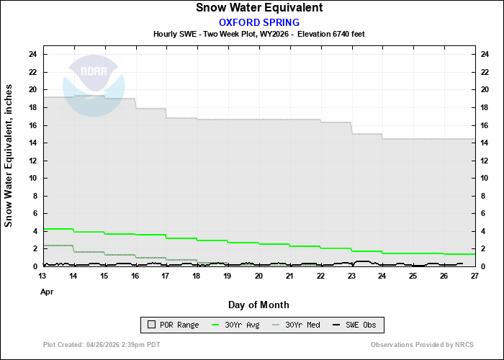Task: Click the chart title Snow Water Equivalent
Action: pyautogui.click(x=259, y=8)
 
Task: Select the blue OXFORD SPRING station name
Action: pyautogui.click(x=259, y=22)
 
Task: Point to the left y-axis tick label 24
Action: pyautogui.click(x=33, y=54)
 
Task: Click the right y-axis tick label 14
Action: pyautogui.click(x=486, y=143)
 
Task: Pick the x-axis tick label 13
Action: pyautogui.click(x=44, y=276)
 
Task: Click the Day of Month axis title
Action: pyautogui.click(x=259, y=305)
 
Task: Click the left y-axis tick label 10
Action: pyautogui.click(x=33, y=178)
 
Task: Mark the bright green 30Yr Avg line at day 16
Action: pyautogui.click(x=136, y=234)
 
